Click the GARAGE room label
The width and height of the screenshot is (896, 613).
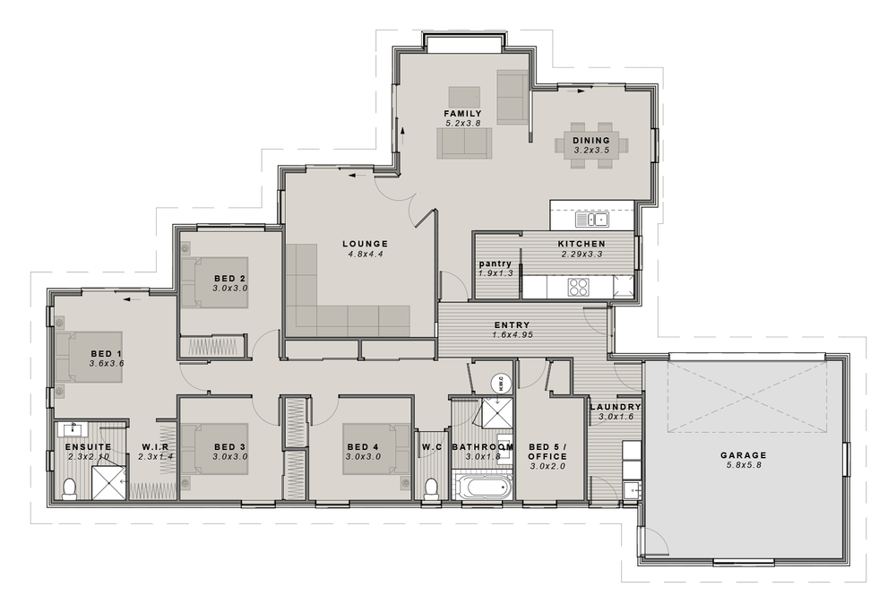(744, 455)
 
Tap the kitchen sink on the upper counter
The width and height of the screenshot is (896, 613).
(590, 219)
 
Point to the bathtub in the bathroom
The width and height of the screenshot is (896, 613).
(483, 489)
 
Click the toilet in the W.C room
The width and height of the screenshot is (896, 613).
(431, 488)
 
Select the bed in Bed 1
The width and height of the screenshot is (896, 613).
(90, 357)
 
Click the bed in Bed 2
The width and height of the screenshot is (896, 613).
(213, 282)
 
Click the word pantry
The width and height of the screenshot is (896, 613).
(495, 263)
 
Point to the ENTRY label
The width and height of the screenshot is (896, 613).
(512, 325)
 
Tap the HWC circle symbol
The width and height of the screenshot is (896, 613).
(499, 383)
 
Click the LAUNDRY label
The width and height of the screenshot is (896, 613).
(616, 407)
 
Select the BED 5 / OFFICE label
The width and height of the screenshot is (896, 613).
(547, 451)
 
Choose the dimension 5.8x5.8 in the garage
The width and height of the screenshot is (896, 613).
(744, 466)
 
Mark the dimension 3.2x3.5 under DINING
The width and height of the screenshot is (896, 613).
(591, 151)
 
